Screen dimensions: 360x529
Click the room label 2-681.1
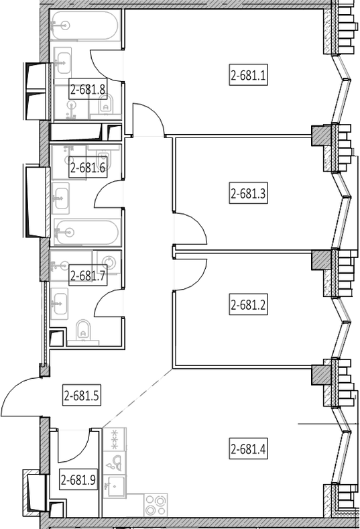[248, 75]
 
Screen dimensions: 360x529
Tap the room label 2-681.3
[248, 194]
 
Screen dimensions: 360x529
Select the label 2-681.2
[248, 305]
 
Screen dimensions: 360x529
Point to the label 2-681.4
[248, 449]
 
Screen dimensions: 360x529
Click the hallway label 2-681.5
[81, 396]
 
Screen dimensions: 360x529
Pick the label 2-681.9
[78, 479]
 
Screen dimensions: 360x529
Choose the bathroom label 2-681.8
[88, 89]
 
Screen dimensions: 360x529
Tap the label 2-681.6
[88, 167]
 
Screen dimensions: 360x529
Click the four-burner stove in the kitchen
[156, 505]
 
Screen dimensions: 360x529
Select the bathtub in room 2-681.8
[84, 25]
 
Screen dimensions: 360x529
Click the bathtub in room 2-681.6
[86, 232]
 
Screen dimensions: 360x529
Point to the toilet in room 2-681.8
[106, 105]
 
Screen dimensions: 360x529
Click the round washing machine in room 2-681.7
[109, 261]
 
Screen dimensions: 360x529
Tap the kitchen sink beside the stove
[114, 486]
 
